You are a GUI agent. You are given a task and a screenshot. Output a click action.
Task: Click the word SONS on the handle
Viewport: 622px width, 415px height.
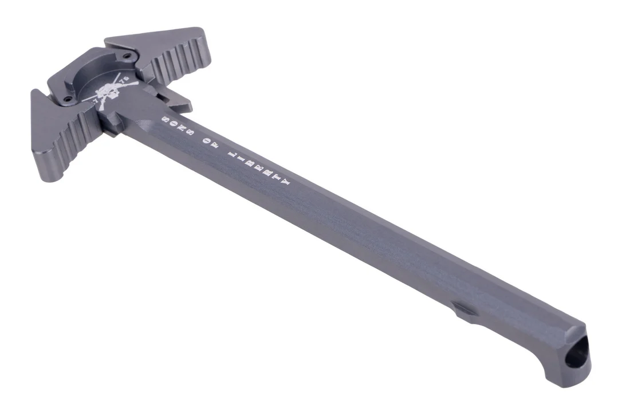tap(177, 127)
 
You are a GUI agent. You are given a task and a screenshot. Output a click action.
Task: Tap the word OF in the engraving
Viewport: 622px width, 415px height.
tap(211, 143)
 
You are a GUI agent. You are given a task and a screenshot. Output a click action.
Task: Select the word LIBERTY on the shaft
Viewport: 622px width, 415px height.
tap(259, 167)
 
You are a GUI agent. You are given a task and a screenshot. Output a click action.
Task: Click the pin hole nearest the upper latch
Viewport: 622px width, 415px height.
tap(127, 56)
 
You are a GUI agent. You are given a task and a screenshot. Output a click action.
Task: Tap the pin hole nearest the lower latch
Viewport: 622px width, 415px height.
tap(68, 99)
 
